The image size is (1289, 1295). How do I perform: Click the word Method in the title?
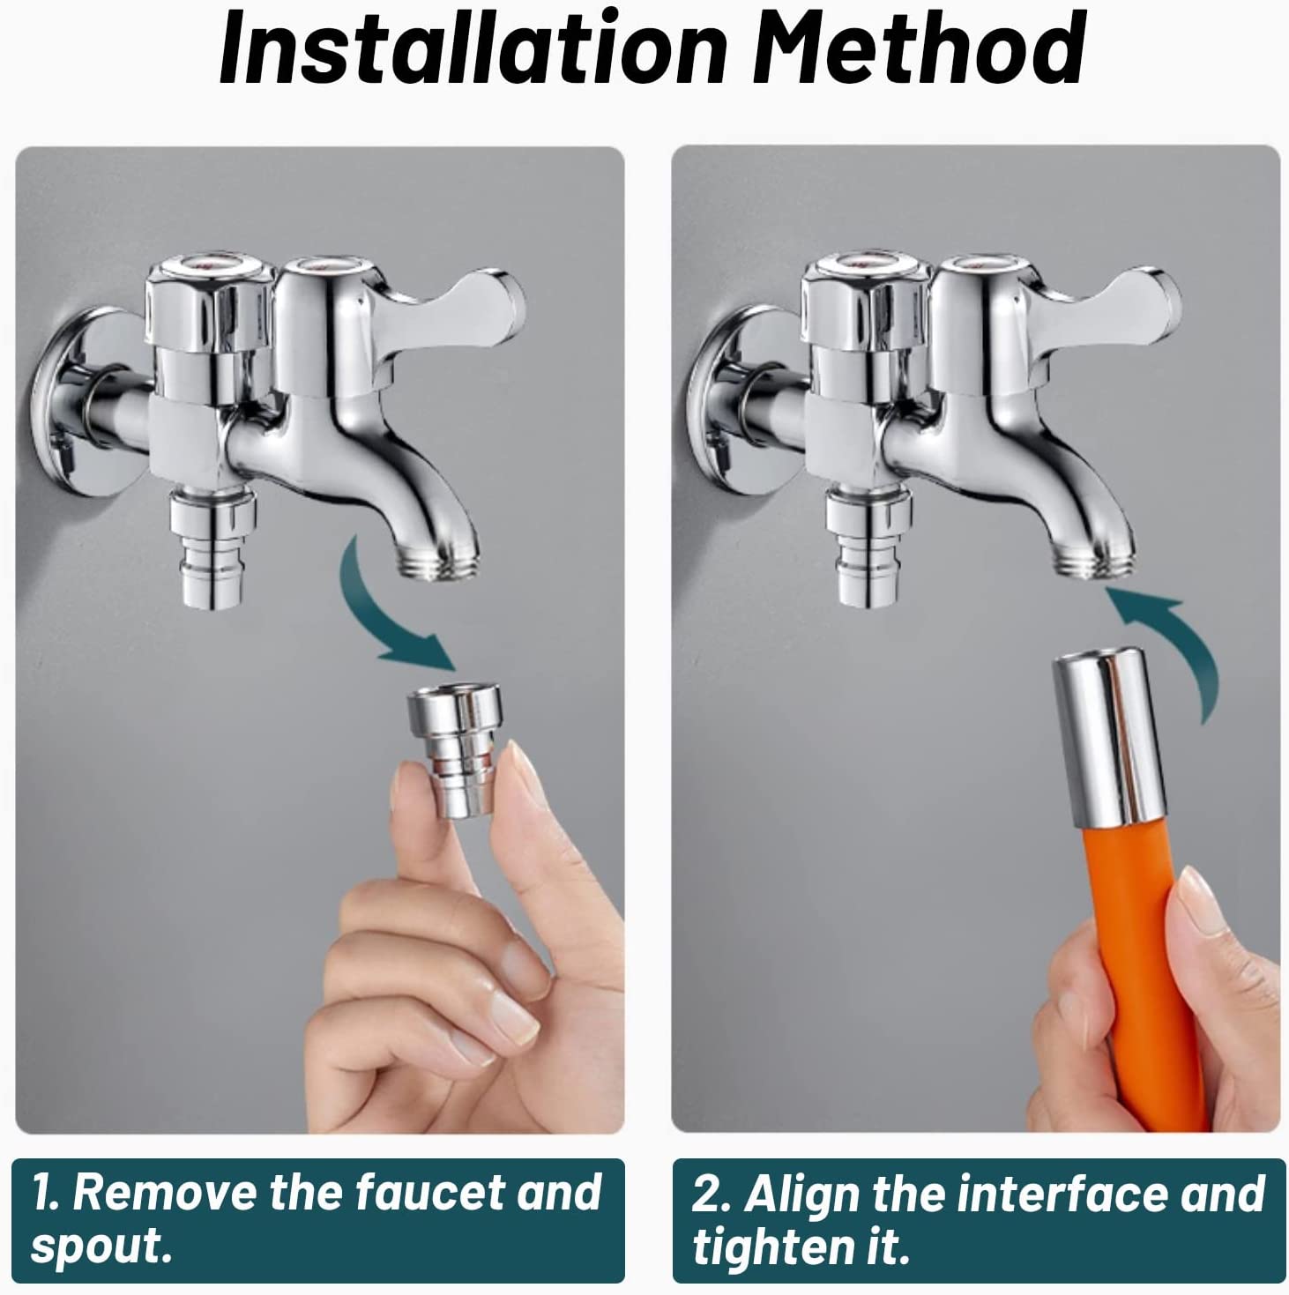click(x=917, y=51)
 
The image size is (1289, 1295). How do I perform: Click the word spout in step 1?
click(x=99, y=1246)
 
